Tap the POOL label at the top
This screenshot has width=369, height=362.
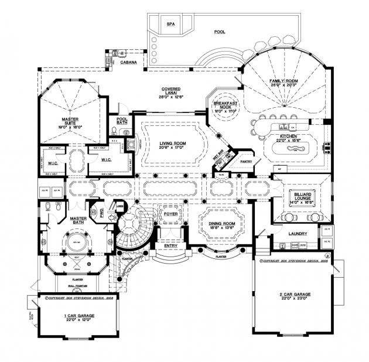pyautogui.click(x=220, y=32)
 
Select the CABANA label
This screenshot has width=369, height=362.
pyautogui.click(x=129, y=61)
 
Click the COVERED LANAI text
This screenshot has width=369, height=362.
pyautogui.click(x=173, y=90)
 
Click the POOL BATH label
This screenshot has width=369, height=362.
pyautogui.click(x=122, y=121)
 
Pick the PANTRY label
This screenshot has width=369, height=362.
pyautogui.click(x=246, y=161)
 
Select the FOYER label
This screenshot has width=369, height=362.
pyautogui.click(x=170, y=214)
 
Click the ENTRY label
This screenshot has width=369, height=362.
pyautogui.click(x=170, y=245)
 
